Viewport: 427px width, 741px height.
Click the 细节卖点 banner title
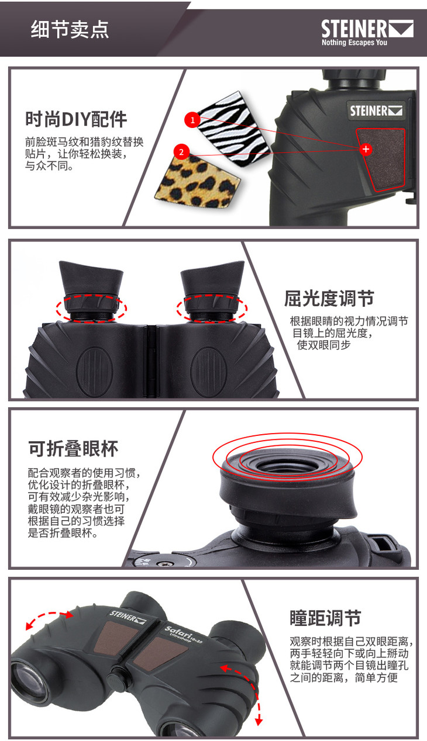click(70, 29)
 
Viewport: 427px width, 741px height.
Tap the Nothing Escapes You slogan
click(354, 42)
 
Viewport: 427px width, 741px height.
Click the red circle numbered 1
click(192, 120)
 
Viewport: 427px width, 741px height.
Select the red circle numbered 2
click(181, 152)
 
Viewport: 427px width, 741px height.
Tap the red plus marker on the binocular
click(366, 149)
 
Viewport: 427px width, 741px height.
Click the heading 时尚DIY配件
click(76, 119)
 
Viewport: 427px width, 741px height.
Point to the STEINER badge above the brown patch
click(376, 111)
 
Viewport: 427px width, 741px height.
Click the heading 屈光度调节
click(329, 299)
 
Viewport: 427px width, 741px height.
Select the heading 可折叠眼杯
click(73, 449)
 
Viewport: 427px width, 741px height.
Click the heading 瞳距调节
click(325, 618)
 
